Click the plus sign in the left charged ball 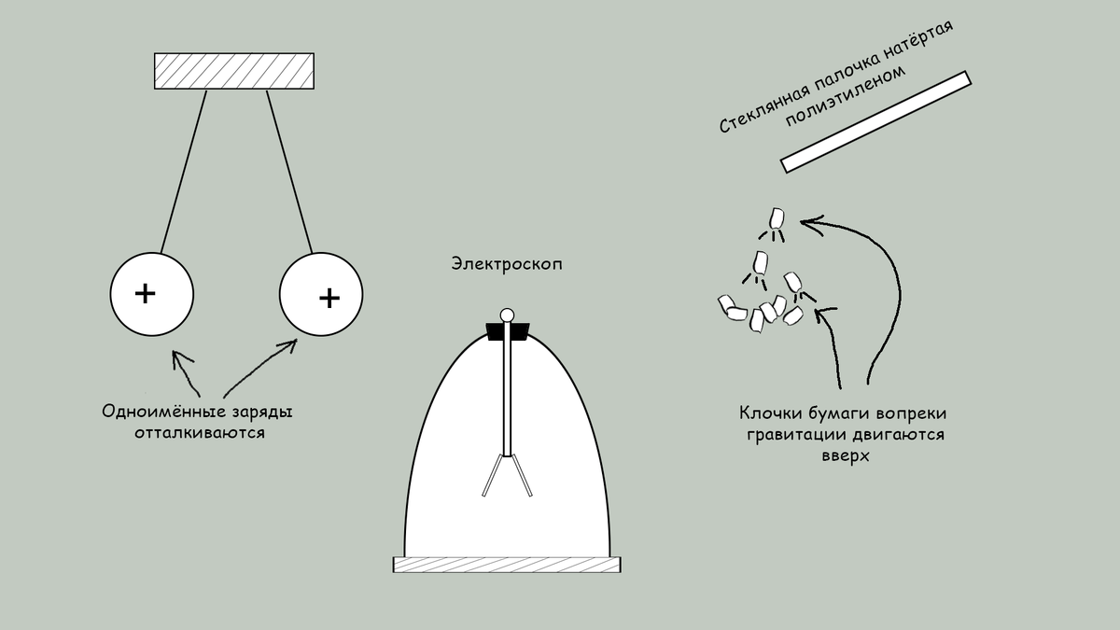145,293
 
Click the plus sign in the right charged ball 329,298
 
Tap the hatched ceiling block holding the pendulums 234,71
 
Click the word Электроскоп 507,265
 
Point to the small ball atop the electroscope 507,315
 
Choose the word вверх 845,458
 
